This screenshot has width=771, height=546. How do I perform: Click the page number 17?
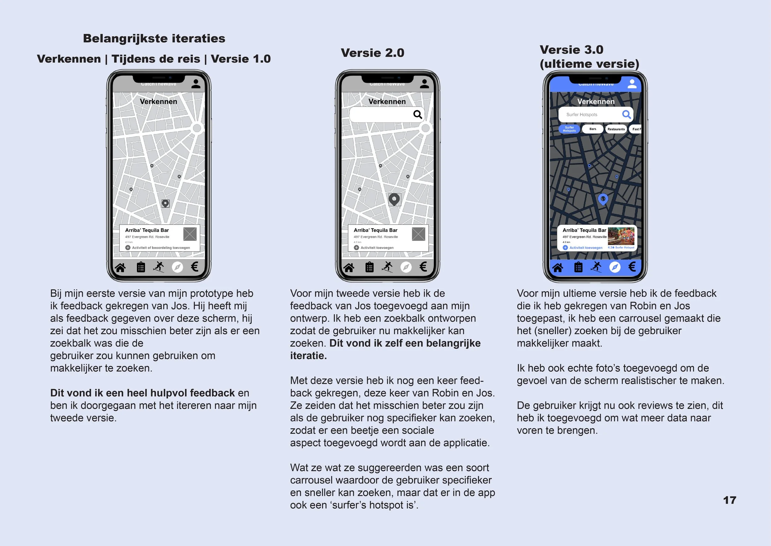click(729, 500)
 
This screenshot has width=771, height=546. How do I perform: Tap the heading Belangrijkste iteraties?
click(154, 38)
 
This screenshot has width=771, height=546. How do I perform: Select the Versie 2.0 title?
click(373, 53)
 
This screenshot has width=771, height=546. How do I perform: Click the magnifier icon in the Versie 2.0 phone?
click(417, 115)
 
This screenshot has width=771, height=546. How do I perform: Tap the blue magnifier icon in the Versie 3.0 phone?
click(626, 115)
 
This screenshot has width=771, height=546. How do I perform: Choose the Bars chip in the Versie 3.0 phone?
click(593, 129)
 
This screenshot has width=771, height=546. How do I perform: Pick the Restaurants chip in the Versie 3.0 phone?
click(616, 129)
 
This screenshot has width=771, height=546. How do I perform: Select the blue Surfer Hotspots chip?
click(569, 129)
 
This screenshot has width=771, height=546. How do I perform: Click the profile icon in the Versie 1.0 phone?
click(196, 84)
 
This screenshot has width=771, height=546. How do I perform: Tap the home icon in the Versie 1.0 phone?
click(120, 268)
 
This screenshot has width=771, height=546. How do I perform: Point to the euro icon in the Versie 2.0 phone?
click(423, 267)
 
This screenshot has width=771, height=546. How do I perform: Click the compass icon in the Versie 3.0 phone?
click(615, 267)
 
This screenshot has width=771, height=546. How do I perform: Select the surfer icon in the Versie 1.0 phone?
click(159, 267)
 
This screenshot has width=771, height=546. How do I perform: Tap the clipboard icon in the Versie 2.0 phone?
click(369, 267)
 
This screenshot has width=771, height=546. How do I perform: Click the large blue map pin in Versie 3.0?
click(603, 199)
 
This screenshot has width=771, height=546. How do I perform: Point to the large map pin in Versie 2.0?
click(394, 199)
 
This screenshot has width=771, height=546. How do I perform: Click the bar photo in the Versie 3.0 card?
click(621, 236)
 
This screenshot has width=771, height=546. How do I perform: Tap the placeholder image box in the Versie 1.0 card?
click(190, 234)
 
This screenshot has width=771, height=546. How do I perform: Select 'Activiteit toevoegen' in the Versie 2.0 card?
click(377, 248)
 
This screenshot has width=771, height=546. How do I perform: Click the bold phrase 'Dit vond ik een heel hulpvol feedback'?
click(142, 393)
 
